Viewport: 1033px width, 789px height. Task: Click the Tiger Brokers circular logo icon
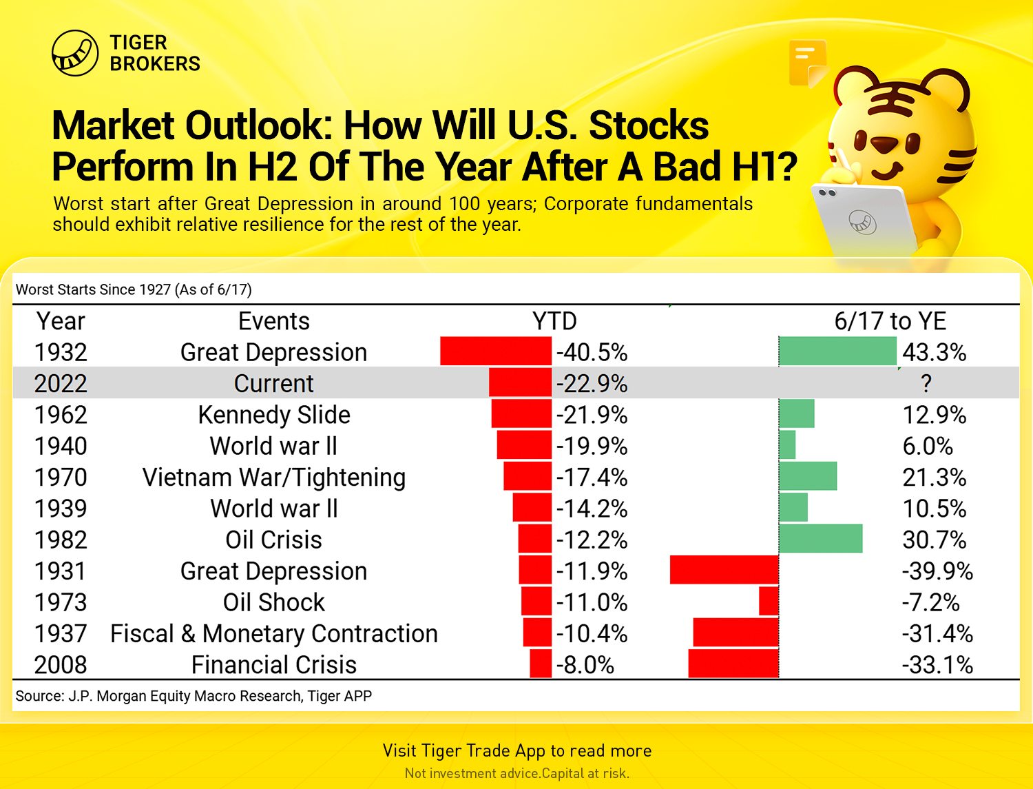[75, 53]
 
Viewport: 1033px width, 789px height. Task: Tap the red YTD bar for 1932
[496, 351]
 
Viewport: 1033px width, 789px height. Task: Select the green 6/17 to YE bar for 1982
[821, 538]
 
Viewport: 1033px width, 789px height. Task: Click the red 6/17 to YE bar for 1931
[724, 570]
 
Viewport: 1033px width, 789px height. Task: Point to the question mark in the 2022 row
[926, 383]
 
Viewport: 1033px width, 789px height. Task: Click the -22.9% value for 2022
[592, 383]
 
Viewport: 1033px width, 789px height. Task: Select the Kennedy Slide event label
[274, 416]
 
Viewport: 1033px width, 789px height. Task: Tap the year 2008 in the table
[61, 665]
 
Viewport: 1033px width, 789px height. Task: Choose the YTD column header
[554, 321]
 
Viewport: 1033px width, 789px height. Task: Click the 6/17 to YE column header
[890, 321]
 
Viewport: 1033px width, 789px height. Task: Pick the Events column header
[274, 321]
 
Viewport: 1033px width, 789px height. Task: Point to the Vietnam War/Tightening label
[274, 478]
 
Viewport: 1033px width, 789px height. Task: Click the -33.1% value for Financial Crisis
[937, 665]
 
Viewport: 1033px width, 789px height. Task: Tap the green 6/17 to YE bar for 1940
[787, 444]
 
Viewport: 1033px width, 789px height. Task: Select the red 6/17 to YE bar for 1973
[769, 601]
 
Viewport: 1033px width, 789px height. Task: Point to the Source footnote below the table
[194, 696]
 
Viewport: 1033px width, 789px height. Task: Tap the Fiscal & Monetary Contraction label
[274, 634]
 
